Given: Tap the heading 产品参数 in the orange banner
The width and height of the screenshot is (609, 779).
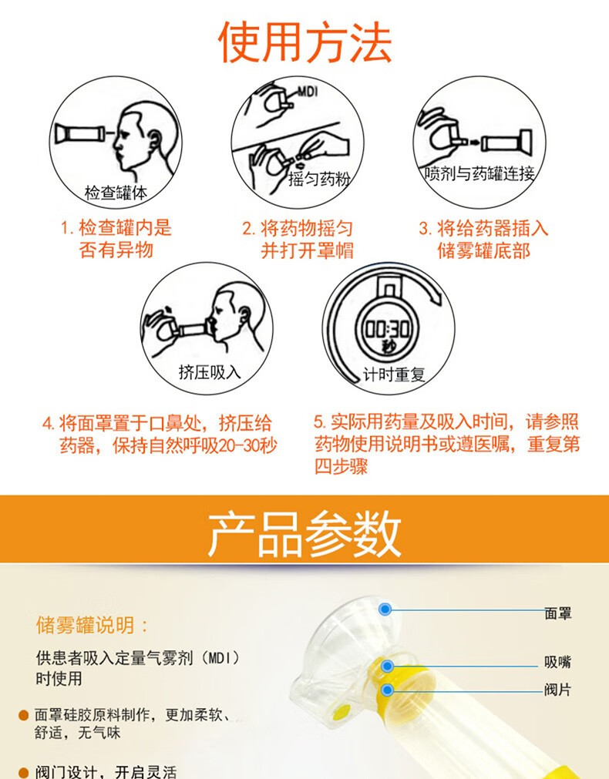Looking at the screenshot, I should (304, 532).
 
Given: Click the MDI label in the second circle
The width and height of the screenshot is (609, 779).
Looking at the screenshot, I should (308, 90).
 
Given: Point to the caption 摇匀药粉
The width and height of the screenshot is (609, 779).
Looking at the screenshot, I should (319, 180).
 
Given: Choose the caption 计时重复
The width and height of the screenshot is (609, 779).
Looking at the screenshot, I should (394, 375).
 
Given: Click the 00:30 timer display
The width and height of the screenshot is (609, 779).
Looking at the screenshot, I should (388, 327).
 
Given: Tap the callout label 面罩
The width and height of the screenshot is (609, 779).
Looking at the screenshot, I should (557, 613).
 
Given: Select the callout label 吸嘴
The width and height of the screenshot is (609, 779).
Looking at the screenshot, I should (557, 662).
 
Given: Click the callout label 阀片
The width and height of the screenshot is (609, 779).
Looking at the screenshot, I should (557, 690).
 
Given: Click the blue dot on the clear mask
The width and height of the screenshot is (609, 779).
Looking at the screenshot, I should (385, 609).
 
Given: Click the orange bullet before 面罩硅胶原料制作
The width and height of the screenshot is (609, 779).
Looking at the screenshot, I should (24, 716).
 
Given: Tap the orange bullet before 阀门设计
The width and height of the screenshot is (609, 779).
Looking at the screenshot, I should (24, 771).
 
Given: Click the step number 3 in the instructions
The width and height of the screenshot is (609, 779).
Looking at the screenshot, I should (424, 229).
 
